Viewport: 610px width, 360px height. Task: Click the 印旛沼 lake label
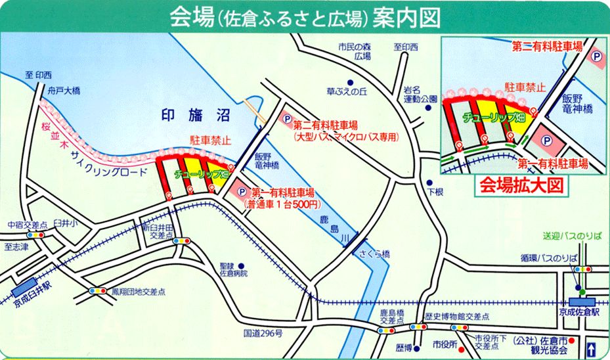coord(194,116)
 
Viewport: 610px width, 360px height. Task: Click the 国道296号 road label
coord(262,334)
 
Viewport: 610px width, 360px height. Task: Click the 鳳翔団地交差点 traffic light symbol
coord(97,290)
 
